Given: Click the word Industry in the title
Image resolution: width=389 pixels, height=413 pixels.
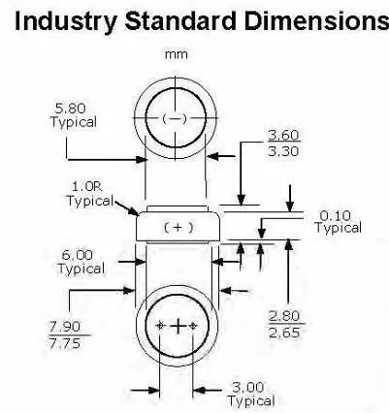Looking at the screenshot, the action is point(66,21).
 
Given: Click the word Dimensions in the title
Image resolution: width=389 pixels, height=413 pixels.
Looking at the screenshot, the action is point(316,20).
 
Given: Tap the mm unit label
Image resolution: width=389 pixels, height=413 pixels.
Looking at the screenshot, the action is point(177,54).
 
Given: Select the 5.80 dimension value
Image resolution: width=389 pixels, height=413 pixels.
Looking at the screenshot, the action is point(71,109).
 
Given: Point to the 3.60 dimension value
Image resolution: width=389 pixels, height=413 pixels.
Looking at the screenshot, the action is point(283,135).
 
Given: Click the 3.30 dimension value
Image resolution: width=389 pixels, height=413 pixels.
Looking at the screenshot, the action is point(283,151).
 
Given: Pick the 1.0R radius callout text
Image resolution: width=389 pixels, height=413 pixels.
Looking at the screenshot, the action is point(86,186).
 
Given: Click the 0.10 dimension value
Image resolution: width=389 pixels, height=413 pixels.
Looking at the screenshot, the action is point(336,215).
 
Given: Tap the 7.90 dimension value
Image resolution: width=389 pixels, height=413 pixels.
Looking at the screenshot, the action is point(65,327).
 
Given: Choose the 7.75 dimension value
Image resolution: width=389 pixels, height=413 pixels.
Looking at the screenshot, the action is point(65,343).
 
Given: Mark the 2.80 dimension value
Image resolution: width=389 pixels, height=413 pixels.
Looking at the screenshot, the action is point(284,316).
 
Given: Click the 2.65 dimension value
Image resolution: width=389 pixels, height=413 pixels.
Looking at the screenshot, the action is point(284,333).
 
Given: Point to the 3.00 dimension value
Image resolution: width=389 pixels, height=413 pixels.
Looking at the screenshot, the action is point(248,387).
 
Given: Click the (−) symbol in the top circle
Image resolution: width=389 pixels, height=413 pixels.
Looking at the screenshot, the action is point(175,119).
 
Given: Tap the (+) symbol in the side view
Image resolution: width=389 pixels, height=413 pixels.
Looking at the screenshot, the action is point(178,228).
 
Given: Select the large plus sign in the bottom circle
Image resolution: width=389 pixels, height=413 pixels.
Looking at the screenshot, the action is point(178,326).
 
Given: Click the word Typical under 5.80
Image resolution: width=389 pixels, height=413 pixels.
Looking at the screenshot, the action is point(74,123).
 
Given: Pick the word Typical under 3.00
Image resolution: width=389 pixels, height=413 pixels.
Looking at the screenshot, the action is point(251,401).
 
